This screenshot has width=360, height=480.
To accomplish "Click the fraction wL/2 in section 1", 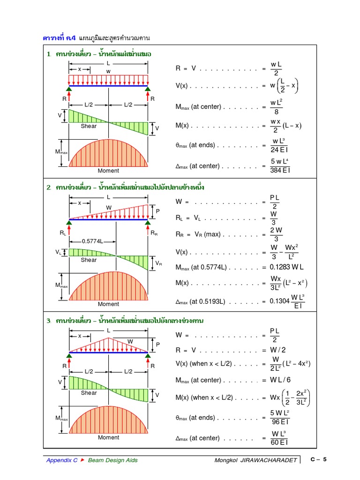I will point(276,68).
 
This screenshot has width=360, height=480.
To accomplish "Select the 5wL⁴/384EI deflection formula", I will point(280,166).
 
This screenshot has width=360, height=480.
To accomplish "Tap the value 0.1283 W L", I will point(286,267).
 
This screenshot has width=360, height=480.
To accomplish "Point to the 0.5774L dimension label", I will point(92,241).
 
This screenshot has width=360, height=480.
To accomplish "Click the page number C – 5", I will point(318,459).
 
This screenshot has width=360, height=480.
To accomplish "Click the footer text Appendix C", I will point(62,460).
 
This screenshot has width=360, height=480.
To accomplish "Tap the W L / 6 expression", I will point(283,380).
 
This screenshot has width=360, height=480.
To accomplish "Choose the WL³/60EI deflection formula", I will point(279,438).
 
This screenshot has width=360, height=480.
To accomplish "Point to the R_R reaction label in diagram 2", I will point(154,232).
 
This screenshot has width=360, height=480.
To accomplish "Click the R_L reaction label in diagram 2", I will point(63,232).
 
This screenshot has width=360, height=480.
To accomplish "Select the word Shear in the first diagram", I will point(89,126).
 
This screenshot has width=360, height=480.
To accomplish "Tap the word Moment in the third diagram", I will point(108,437).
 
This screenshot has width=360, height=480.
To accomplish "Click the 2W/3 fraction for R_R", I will point(276,234).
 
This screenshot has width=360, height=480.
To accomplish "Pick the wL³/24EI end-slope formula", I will point(279,145).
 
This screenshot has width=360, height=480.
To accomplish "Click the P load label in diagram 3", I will point(158,344).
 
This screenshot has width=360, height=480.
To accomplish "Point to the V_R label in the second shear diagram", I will point(158,263).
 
